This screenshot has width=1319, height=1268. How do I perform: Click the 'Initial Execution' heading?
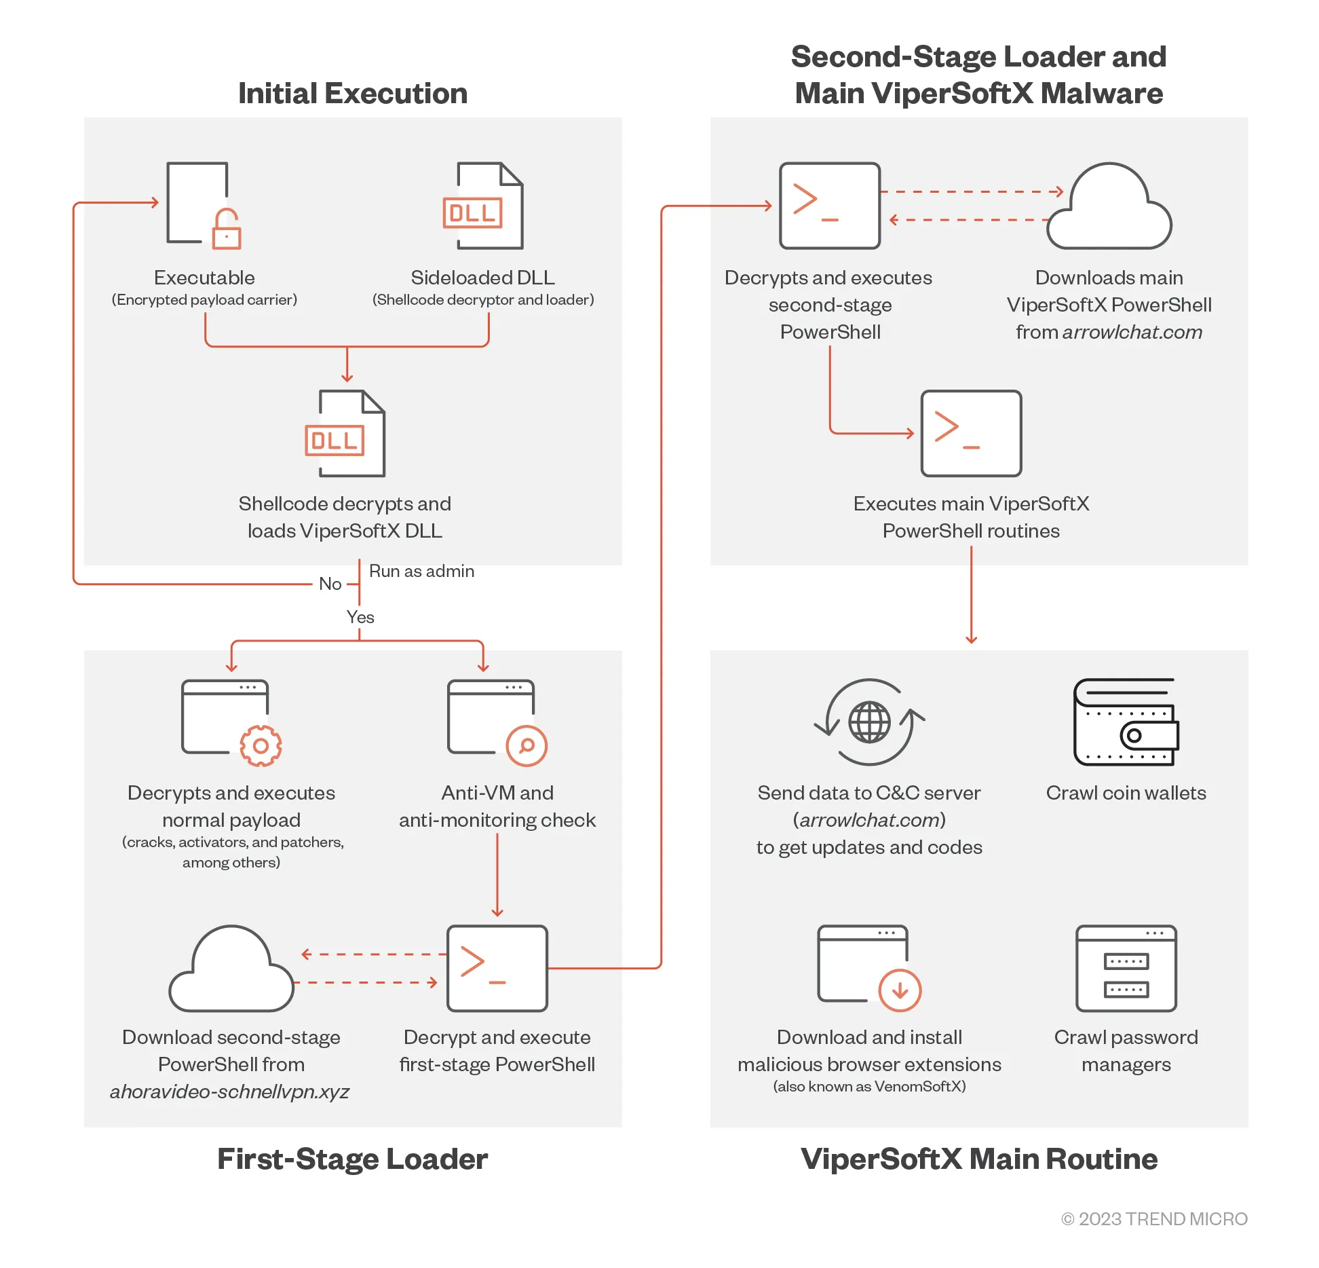pyautogui.click(x=353, y=94)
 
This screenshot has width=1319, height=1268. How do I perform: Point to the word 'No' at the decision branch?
pyautogui.click(x=330, y=584)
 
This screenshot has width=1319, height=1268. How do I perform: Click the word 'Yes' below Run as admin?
pyautogui.click(x=360, y=617)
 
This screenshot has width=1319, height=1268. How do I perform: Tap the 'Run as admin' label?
pyautogui.click(x=421, y=571)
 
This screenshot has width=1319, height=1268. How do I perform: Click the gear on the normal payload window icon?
pyautogui.click(x=261, y=746)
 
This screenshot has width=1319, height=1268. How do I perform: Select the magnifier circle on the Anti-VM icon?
pyautogui.click(x=527, y=746)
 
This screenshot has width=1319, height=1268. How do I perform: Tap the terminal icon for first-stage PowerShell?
pyautogui.click(x=497, y=969)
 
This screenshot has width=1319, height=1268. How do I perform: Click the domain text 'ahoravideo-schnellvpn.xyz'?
pyautogui.click(x=229, y=1092)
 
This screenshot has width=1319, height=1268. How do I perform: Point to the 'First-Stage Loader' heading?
pyautogui.click(x=352, y=1159)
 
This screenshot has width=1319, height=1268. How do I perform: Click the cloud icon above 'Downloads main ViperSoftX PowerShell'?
pyautogui.click(x=1109, y=206)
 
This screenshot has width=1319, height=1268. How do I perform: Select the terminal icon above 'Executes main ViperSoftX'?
pyautogui.click(x=971, y=433)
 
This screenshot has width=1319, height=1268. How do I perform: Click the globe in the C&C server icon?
pyautogui.click(x=870, y=722)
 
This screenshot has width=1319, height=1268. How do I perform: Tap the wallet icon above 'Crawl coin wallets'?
pyautogui.click(x=1126, y=722)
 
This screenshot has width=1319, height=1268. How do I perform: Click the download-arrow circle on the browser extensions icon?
pyautogui.click(x=900, y=990)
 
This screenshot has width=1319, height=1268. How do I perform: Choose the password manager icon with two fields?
pyautogui.click(x=1126, y=969)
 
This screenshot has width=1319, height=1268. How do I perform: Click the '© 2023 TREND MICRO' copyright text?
pyautogui.click(x=1154, y=1219)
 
